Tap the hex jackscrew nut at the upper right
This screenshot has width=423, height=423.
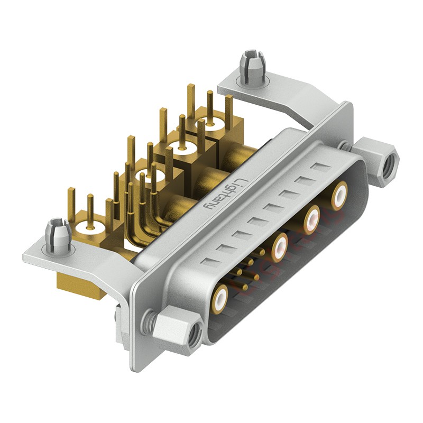[380, 161]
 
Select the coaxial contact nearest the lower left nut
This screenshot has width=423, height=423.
[220, 297]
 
